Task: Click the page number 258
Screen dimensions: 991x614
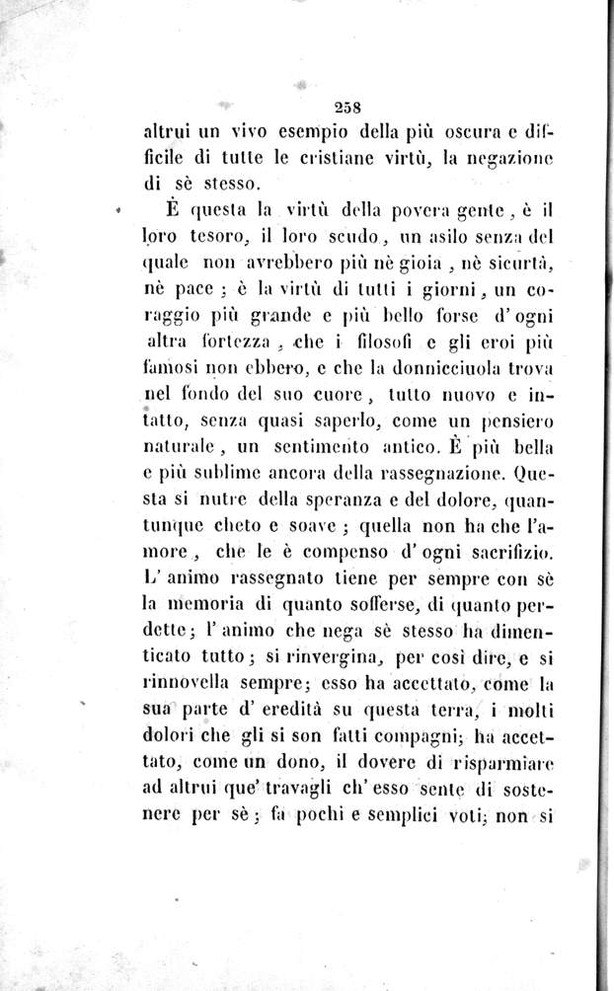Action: point(350,110)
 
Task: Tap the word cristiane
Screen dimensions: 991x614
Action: point(353,157)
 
